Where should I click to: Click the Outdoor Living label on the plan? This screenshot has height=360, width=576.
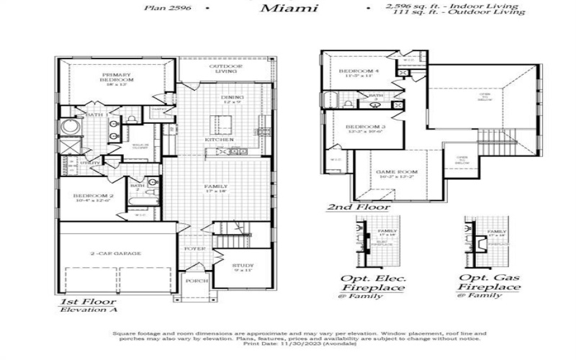[225, 69]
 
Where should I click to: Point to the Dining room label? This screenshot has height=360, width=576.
[232, 98]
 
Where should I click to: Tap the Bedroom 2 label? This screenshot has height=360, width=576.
[91, 197]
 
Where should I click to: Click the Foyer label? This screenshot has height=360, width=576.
[194, 249]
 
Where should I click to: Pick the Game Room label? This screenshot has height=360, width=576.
[387, 173]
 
